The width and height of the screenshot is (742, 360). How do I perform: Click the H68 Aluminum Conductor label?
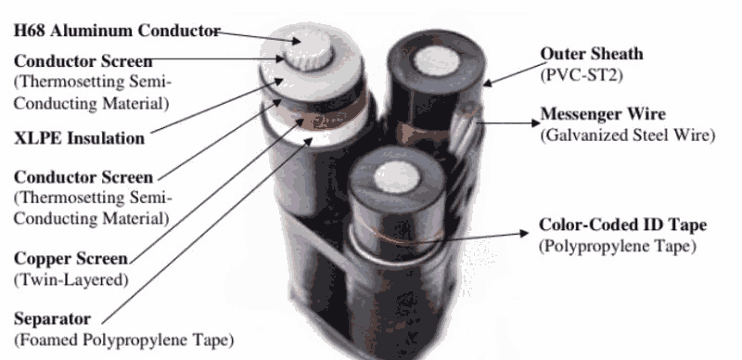117,31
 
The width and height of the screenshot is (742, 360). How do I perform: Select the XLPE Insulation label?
79,138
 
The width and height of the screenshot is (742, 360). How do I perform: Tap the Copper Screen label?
71,259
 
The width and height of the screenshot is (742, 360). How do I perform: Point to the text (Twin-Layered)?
71,279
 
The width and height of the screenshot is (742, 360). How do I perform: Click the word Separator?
52,318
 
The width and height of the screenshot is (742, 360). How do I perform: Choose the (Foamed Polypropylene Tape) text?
123,340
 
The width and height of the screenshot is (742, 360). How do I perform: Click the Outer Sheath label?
592,54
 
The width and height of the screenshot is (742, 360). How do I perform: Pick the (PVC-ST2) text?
582,75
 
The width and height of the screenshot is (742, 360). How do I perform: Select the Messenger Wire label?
603,114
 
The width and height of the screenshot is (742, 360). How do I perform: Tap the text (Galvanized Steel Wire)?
628,135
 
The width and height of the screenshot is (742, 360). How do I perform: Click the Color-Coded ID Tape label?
622,225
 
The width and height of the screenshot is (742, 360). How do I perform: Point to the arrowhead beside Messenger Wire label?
536,123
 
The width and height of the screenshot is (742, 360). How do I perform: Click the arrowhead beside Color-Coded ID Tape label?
524,233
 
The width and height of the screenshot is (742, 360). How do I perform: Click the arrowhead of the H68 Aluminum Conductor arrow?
297,41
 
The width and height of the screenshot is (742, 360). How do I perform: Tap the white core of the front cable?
397,176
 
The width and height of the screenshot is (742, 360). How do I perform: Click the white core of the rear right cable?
436,60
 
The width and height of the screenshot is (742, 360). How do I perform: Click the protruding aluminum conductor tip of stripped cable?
308,50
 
